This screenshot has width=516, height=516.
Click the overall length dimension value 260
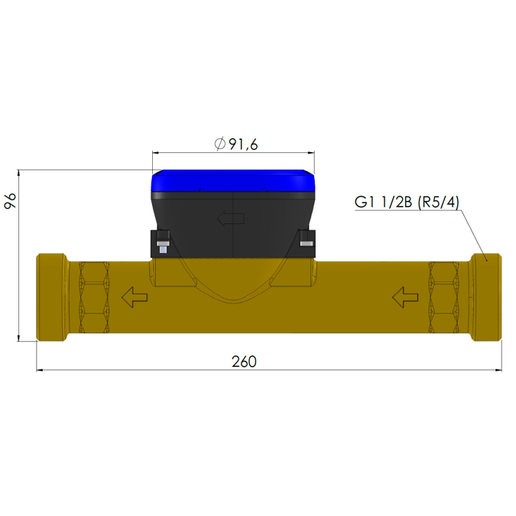244,361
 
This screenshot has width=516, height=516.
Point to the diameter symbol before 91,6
219,144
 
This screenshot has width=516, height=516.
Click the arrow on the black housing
231,219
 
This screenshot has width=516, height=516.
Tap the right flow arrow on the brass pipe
405,296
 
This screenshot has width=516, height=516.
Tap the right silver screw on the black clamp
306,244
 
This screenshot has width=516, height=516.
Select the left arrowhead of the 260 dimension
41,371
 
